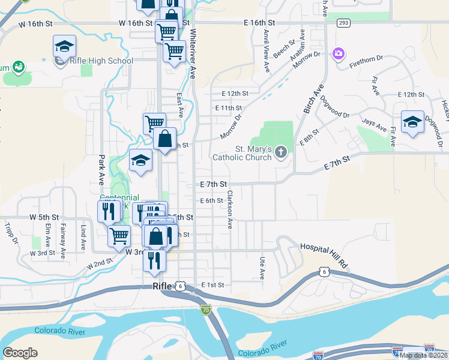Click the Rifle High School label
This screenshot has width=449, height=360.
101,61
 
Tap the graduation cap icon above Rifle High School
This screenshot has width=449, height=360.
64,46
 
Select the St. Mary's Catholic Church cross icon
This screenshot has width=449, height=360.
280,154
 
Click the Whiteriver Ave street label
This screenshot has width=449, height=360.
193,54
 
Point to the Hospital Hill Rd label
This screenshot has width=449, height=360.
324,247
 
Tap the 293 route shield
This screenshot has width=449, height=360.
343,22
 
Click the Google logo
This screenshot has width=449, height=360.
20,352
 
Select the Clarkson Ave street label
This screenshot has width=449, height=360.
230,209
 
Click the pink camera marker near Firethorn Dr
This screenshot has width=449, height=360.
339,55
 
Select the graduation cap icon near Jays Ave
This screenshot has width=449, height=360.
412,122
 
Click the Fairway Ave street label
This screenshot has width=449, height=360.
62,241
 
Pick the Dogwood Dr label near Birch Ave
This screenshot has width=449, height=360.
334,107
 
